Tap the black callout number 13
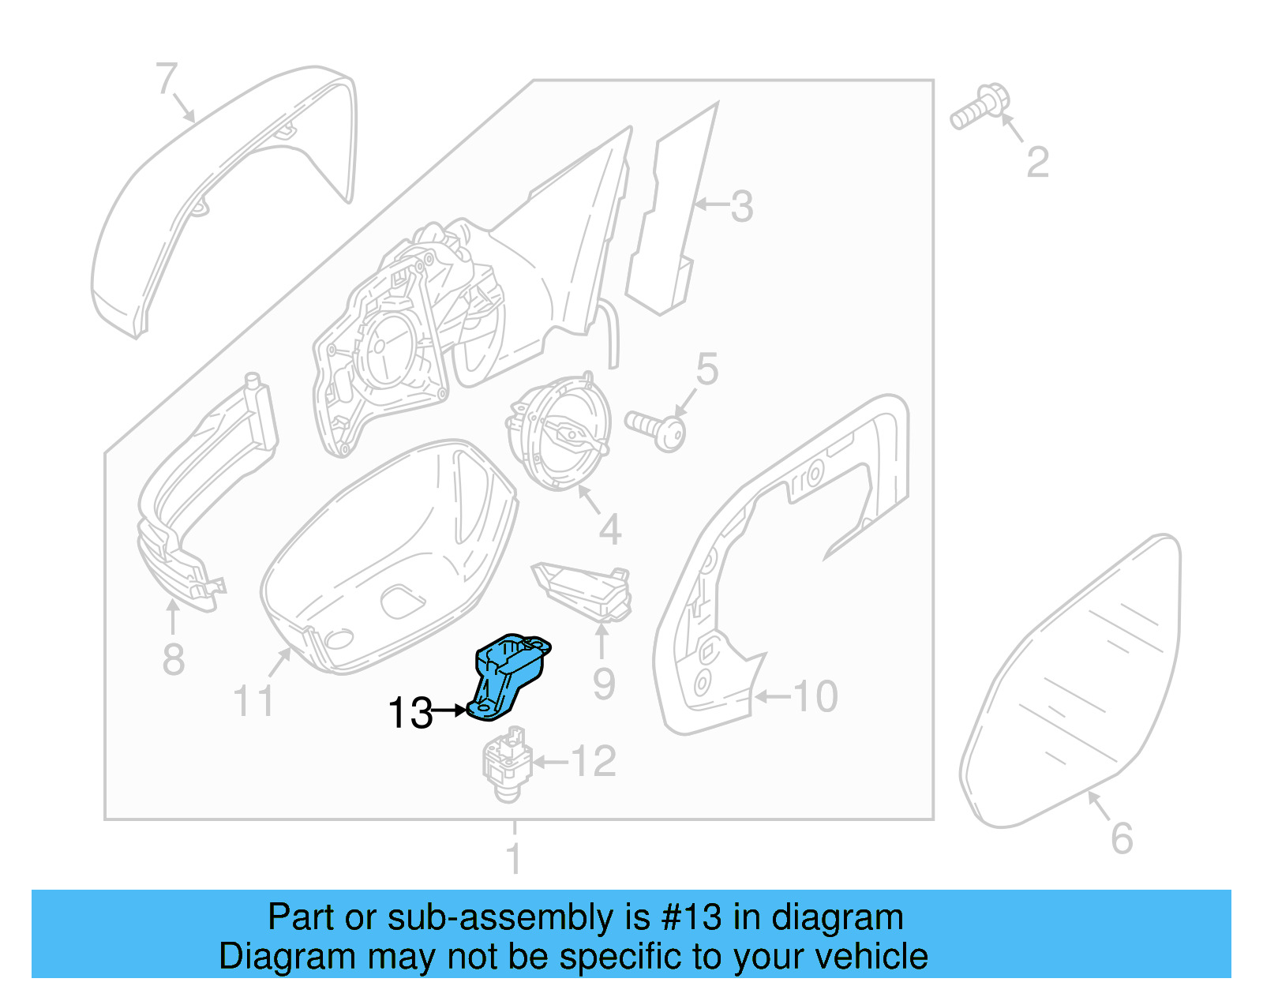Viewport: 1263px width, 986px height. pyautogui.click(x=410, y=713)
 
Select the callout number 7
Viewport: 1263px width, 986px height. pyautogui.click(x=166, y=79)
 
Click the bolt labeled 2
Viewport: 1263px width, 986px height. pyautogui.click(x=976, y=108)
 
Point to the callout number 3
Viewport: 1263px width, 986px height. pyautogui.click(x=741, y=206)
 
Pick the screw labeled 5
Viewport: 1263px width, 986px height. pyautogui.click(x=656, y=428)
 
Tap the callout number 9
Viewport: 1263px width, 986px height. pyautogui.click(x=604, y=684)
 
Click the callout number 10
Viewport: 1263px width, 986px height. pyautogui.click(x=815, y=696)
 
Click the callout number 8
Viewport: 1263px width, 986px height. pyautogui.click(x=173, y=659)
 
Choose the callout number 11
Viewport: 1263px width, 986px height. pyautogui.click(x=253, y=700)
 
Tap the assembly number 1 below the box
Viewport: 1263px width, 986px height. pyautogui.click(x=514, y=858)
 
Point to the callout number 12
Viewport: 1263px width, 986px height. pyautogui.click(x=593, y=761)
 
